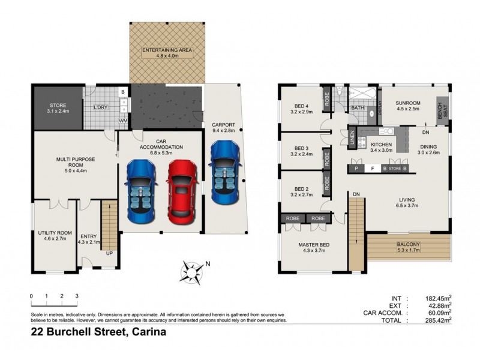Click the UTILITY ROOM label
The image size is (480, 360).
[x=55, y=235]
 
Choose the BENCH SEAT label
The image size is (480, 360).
[x=443, y=112]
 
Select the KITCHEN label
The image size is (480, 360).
[x=381, y=146]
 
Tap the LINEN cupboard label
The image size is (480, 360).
[x=352, y=138]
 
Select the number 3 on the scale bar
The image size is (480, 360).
[x=77, y=296]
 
